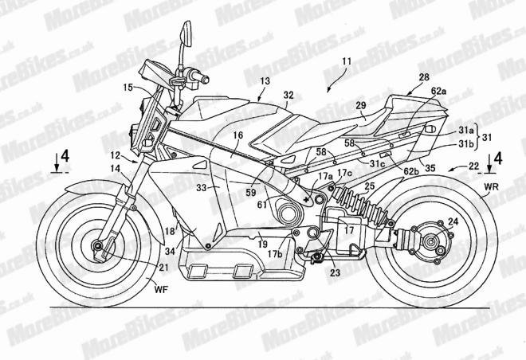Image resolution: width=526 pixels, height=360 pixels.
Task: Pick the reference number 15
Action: (128, 86)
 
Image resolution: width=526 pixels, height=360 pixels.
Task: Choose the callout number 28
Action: (422, 76)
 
